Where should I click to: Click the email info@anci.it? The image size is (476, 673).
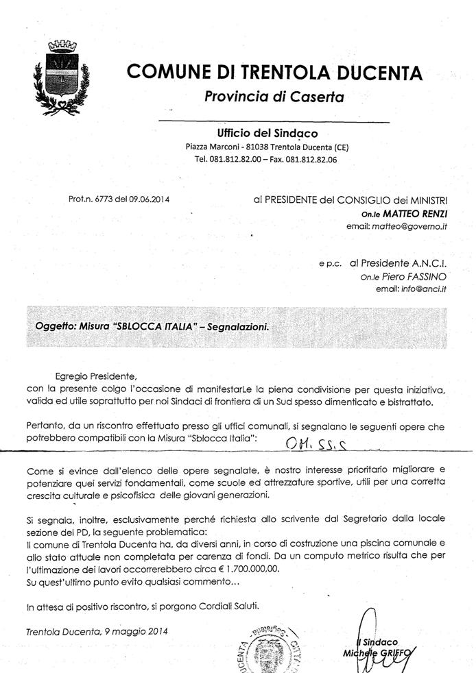425,289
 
